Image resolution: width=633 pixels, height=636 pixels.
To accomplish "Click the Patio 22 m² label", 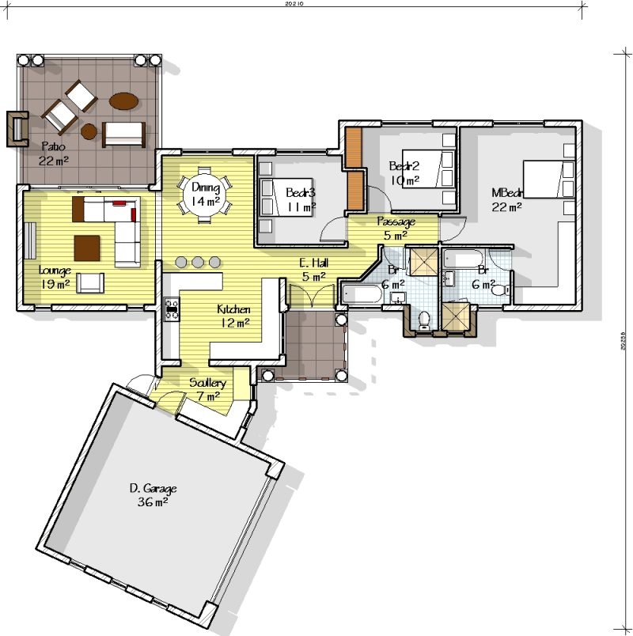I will click(x=53, y=153).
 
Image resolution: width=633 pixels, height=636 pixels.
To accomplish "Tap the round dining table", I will click(x=205, y=195).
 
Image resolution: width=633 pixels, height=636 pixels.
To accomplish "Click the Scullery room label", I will click(x=207, y=389).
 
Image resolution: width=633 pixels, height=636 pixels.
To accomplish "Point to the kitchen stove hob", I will click(x=171, y=309).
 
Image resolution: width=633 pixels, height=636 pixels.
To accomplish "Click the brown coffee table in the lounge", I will click(x=87, y=248).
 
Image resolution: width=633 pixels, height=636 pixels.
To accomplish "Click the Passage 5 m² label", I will click(x=396, y=228).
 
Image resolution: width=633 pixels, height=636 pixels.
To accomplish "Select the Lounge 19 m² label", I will click(x=55, y=277).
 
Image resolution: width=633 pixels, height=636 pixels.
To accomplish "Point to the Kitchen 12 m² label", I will click(x=234, y=316).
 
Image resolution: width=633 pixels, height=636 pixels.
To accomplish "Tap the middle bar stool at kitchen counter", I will click(x=198, y=262).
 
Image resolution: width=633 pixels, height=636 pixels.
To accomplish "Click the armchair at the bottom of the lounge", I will click(x=89, y=282).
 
